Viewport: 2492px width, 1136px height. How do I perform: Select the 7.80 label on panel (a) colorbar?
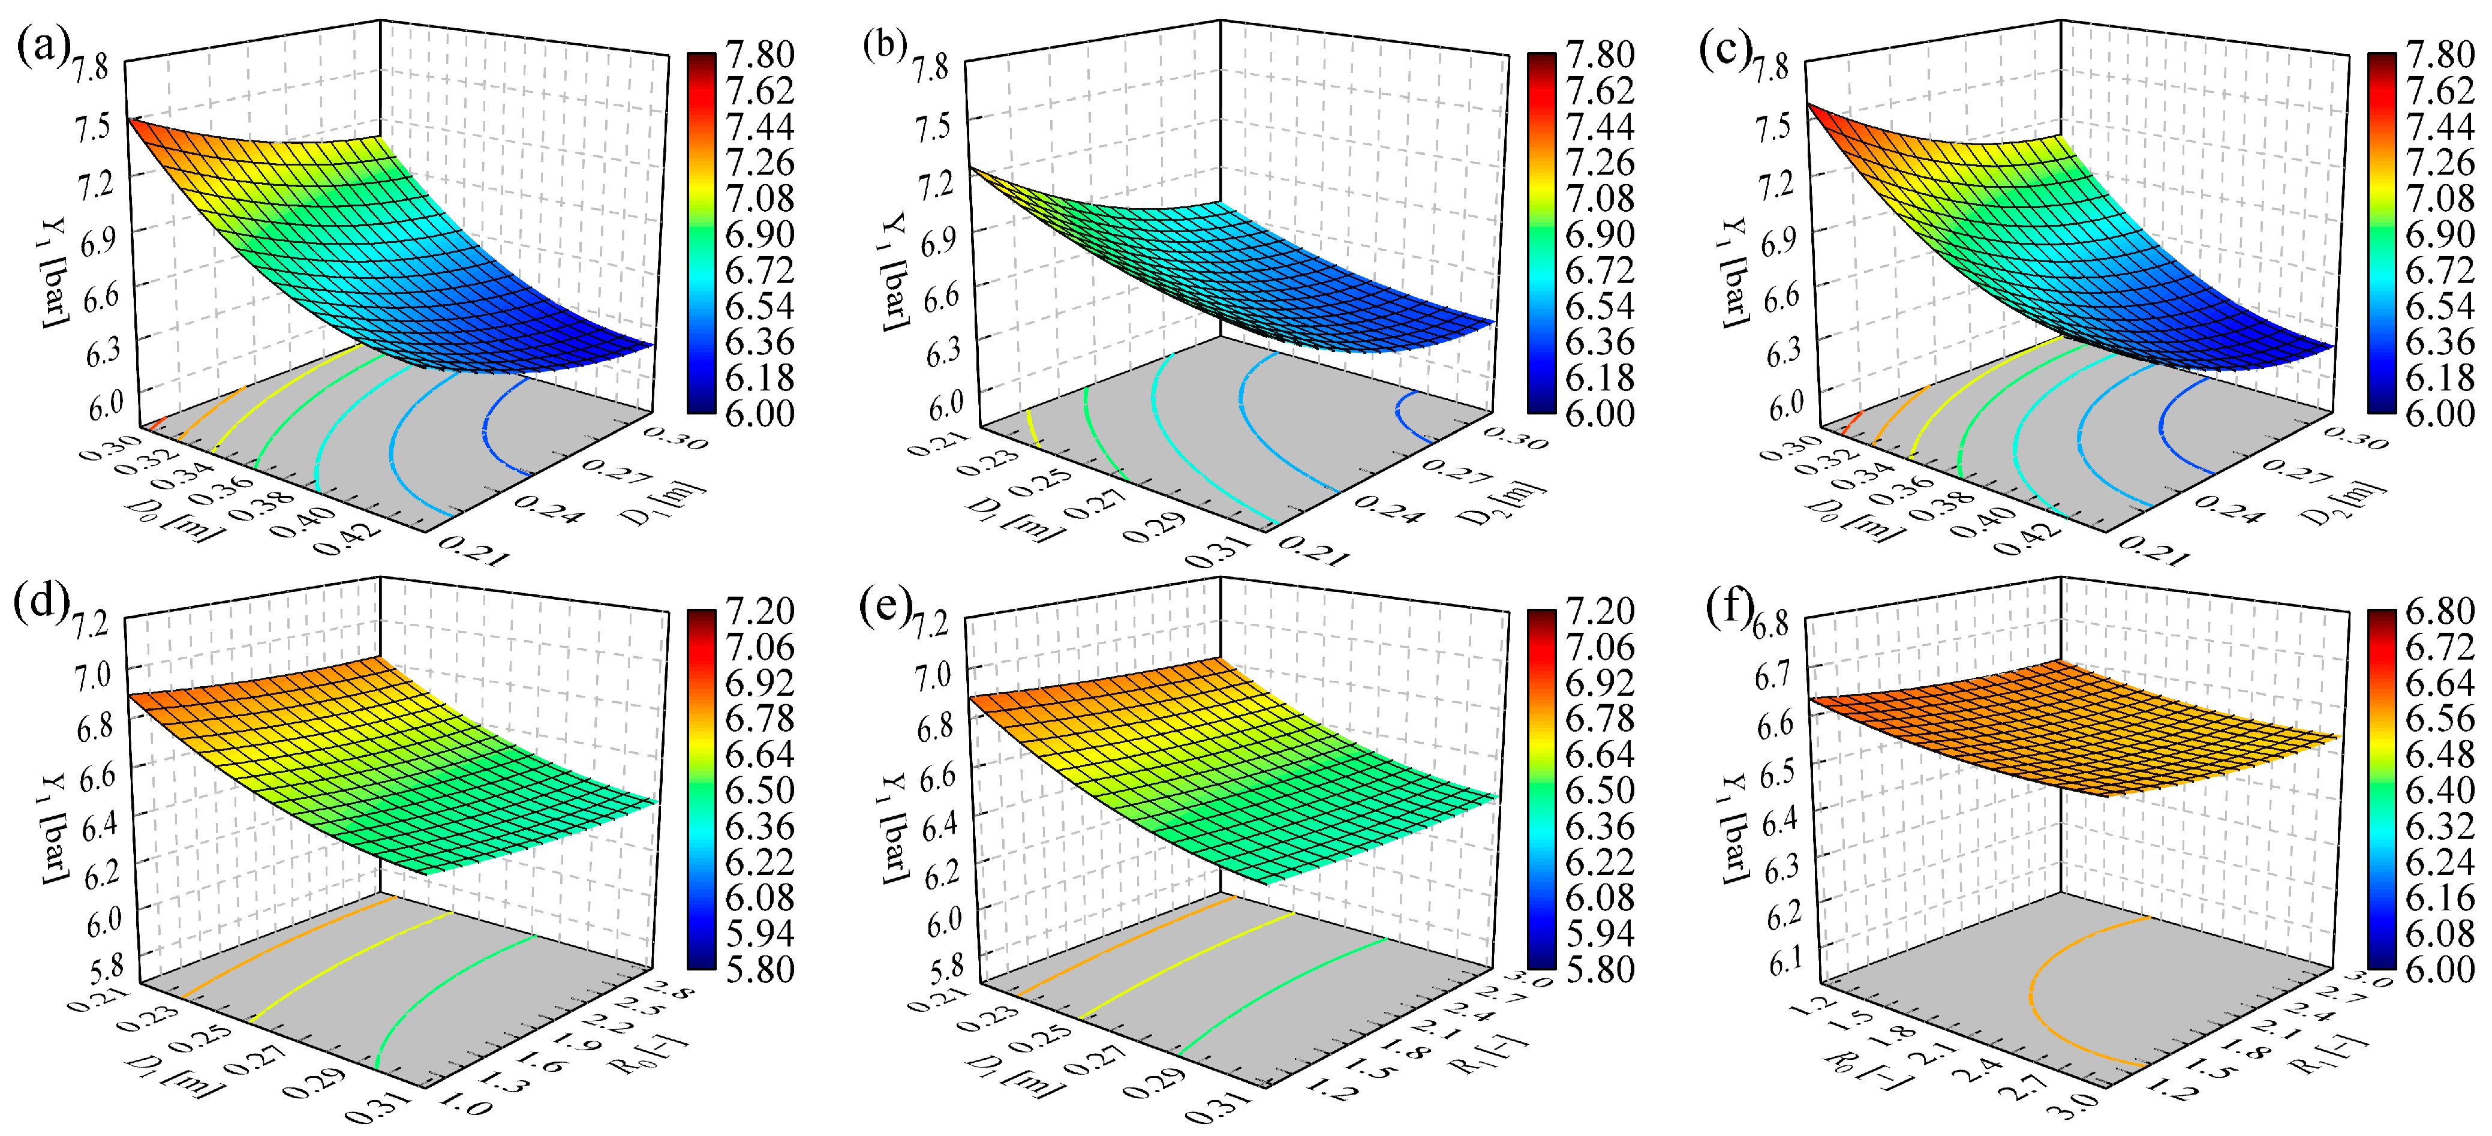(x=759, y=54)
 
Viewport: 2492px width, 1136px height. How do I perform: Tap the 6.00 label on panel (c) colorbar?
(x=2440, y=413)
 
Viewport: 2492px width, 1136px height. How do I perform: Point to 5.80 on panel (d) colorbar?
(x=759, y=969)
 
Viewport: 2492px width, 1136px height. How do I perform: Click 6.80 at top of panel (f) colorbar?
(x=2440, y=611)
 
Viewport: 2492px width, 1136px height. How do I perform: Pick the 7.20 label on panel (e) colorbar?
(x=1599, y=611)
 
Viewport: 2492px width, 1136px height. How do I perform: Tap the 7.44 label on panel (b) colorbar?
(x=1599, y=127)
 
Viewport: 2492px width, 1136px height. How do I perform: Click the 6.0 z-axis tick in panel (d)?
(x=104, y=920)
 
